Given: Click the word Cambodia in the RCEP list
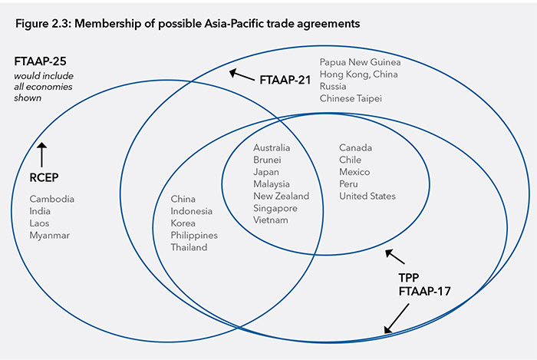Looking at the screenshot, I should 52,199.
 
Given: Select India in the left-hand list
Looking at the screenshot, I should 40,211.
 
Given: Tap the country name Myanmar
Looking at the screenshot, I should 50,235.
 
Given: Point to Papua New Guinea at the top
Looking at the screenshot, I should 360,62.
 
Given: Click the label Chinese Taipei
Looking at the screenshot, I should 351,98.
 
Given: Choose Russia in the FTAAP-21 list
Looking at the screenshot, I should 333,87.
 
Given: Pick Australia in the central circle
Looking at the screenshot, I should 272,147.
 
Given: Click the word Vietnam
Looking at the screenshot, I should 271,220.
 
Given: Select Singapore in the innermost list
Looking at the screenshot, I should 275,208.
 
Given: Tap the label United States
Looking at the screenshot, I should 367,196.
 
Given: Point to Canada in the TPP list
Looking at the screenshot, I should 356,147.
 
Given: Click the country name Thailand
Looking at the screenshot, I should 189,247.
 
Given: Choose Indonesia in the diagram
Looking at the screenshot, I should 192,211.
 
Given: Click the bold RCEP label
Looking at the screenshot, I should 44,179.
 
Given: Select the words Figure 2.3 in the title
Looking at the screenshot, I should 40,24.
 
